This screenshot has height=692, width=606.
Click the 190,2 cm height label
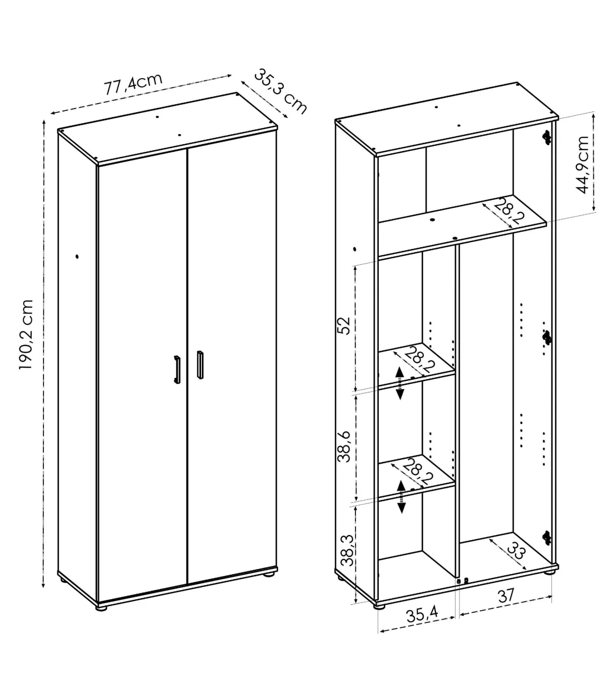coord(26,334)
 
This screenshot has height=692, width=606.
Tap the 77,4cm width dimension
coord(133,84)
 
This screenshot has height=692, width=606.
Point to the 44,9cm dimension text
coord(582,164)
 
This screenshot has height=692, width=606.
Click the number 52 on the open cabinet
coord(345,325)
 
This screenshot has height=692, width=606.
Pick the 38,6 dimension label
coord(345,447)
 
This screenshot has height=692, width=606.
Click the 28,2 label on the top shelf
coord(508,211)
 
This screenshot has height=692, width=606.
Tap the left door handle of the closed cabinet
coord(177,370)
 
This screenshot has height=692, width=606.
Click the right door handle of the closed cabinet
coord(200,365)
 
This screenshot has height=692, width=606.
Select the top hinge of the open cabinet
coord(546,137)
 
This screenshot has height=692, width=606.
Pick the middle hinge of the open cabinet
coord(546,337)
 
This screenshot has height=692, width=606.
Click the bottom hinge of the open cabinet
coord(546,538)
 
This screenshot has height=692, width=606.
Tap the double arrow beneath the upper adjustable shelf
coord(400,383)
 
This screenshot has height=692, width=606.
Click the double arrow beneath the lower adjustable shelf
coord(401,497)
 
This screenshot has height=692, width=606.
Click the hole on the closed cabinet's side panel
coord(77,257)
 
